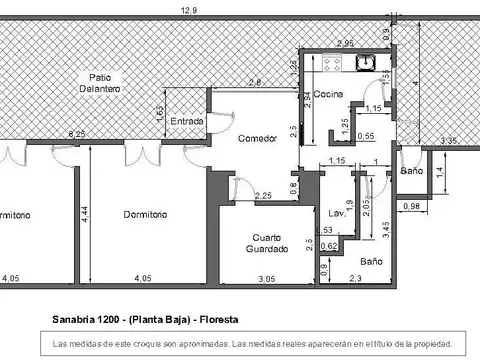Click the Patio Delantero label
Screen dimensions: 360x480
99,83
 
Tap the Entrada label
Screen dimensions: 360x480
187,121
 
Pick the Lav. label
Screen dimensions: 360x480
336,213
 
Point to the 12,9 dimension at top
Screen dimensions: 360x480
189,9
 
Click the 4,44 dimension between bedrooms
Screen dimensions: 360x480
86,214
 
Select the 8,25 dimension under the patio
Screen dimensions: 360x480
76,133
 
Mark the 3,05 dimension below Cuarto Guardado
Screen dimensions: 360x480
267,278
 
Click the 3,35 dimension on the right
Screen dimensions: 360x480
449,140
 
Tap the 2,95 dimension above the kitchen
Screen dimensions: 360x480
344,43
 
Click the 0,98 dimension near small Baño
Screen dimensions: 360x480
410,206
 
